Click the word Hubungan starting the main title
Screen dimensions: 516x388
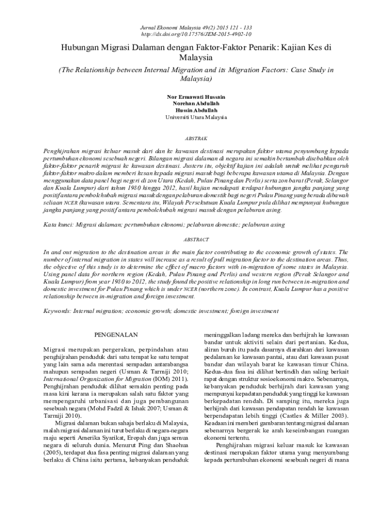click(x=81, y=48)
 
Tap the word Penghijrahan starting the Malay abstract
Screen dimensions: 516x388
click(x=63, y=151)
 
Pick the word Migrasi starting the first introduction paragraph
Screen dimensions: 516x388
click(x=54, y=349)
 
